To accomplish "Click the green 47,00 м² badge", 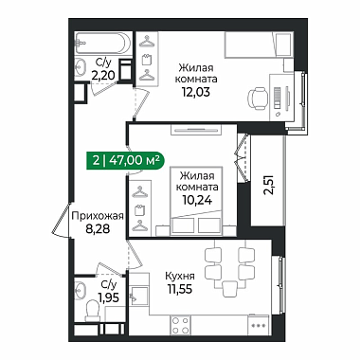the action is tap(125, 161).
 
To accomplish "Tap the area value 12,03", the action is tap(195, 92).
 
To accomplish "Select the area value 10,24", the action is tap(197, 200).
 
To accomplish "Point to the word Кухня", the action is tap(180, 276).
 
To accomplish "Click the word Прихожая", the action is tap(98, 216).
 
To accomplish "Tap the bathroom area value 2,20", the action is tap(102, 76).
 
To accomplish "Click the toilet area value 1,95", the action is tap(109, 297).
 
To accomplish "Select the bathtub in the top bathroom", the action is tap(102, 44).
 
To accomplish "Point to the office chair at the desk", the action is tap(258, 98).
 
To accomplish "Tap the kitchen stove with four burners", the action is tap(181, 325).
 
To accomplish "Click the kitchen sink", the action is tap(139, 296).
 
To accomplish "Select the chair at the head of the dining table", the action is tap(229, 289).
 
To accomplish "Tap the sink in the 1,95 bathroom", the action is tap(81, 289).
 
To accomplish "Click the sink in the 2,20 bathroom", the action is tap(81, 67).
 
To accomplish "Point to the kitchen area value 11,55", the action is tap(180, 288).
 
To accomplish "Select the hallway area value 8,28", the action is tap(98, 228).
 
